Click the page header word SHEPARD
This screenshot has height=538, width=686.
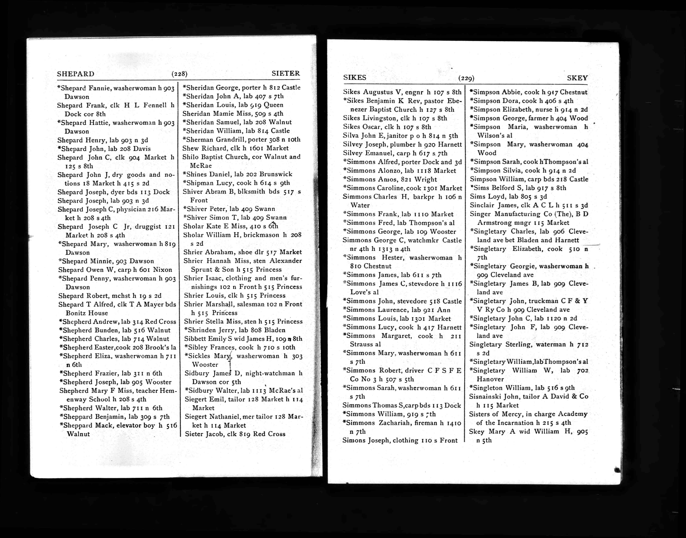[x=76, y=74]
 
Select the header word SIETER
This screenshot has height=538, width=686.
[x=286, y=73]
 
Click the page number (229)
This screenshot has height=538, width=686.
[x=466, y=78]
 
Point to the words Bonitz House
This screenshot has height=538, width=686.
[x=87, y=313]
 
